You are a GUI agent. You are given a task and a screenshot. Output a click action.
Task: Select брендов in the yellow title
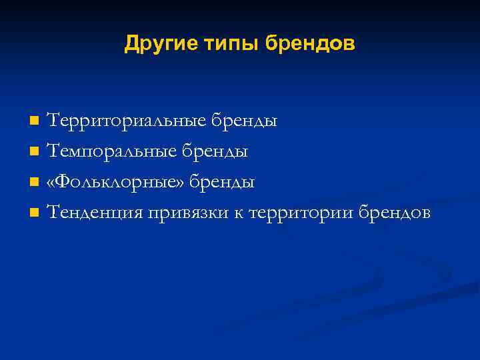click(311, 44)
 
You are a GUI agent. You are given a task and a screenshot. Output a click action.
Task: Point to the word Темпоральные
click(111, 152)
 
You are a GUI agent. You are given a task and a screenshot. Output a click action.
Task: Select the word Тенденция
click(94, 213)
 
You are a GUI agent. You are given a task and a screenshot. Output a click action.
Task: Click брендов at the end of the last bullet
click(395, 213)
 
